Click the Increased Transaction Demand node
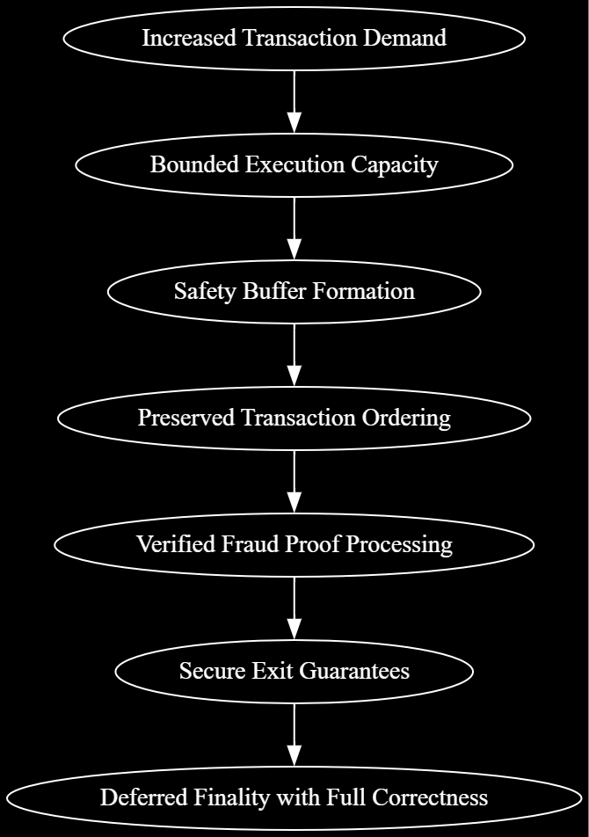294,38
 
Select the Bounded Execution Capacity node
294,164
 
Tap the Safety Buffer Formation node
294,291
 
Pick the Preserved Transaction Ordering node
294,418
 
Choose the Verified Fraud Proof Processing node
294,544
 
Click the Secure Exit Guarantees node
294,671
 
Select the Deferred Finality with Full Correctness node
294,797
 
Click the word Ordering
406,418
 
